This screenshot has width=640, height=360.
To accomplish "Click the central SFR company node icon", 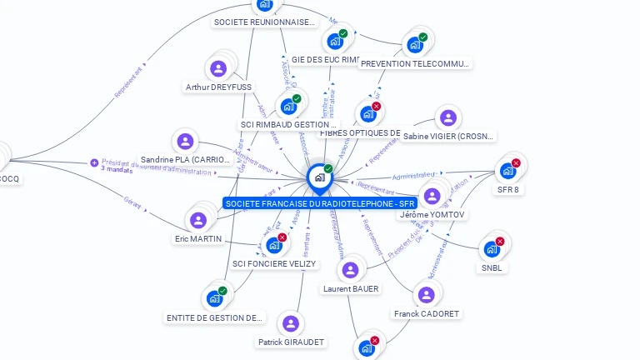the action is [x=319, y=177].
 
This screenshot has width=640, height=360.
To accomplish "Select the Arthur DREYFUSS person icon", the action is [x=219, y=67].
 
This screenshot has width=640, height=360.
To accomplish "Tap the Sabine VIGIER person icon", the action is [x=448, y=117].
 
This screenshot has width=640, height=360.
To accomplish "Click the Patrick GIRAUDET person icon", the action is [x=290, y=323].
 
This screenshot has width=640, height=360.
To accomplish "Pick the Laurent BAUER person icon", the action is [x=350, y=270].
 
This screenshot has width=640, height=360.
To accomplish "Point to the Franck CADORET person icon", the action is [x=426, y=295].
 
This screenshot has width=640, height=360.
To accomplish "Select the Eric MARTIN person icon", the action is [x=198, y=220].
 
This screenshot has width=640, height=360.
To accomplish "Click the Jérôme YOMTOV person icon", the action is [x=432, y=196].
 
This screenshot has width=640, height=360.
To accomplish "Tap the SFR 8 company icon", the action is [x=507, y=171].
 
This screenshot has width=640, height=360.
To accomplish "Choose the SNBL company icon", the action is [x=491, y=249].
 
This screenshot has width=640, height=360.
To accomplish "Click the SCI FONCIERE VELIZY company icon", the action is [x=274, y=245].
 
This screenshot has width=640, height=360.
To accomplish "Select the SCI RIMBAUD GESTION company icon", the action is [x=288, y=106].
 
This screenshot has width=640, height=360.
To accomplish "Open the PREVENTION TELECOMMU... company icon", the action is [x=414, y=45].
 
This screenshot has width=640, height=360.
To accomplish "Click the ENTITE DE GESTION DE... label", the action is [x=215, y=317].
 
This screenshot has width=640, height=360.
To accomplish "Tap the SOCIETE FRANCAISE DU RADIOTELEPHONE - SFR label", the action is [x=320, y=203].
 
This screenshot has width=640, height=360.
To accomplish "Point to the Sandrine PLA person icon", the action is [x=185, y=141].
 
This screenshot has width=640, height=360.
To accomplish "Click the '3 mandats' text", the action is [x=117, y=169].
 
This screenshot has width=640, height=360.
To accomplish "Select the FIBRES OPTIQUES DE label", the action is [x=361, y=132].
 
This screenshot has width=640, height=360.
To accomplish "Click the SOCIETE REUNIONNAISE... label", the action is [x=265, y=22].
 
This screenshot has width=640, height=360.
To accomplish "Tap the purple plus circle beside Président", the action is [x=94, y=162].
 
